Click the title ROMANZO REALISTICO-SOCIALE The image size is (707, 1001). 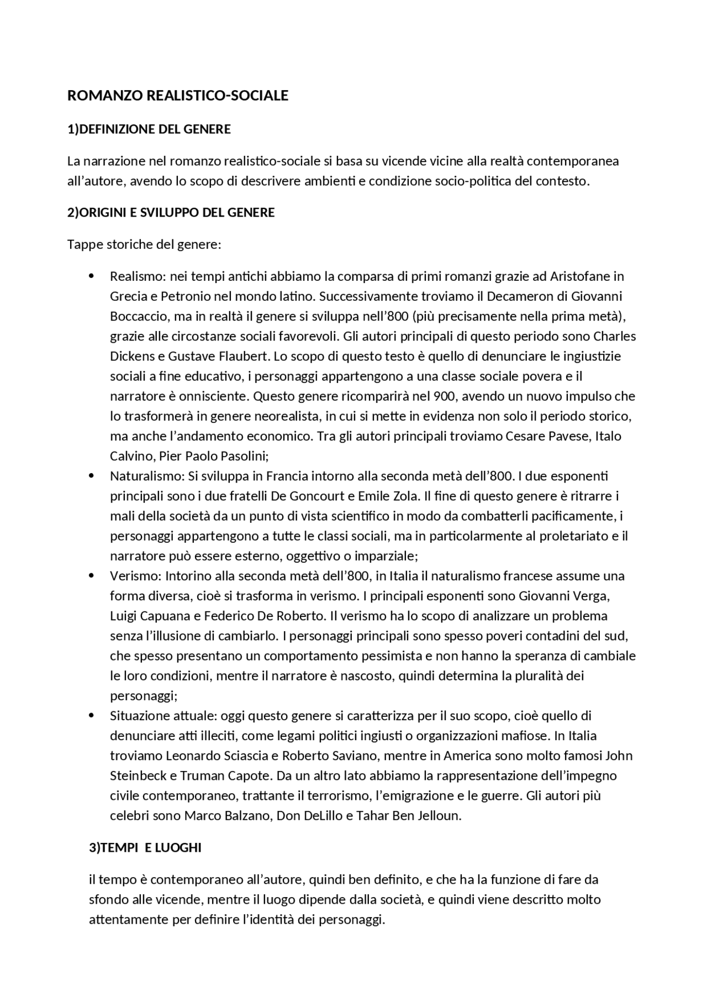177,96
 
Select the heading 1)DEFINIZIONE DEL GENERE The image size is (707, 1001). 149,129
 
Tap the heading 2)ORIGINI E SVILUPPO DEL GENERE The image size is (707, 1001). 171,213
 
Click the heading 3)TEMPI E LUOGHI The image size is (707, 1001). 145,848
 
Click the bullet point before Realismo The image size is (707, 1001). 92,276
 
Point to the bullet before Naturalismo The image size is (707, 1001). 92,476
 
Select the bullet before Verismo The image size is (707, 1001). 92,576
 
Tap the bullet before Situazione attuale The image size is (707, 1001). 92,716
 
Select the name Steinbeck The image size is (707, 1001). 138,776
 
